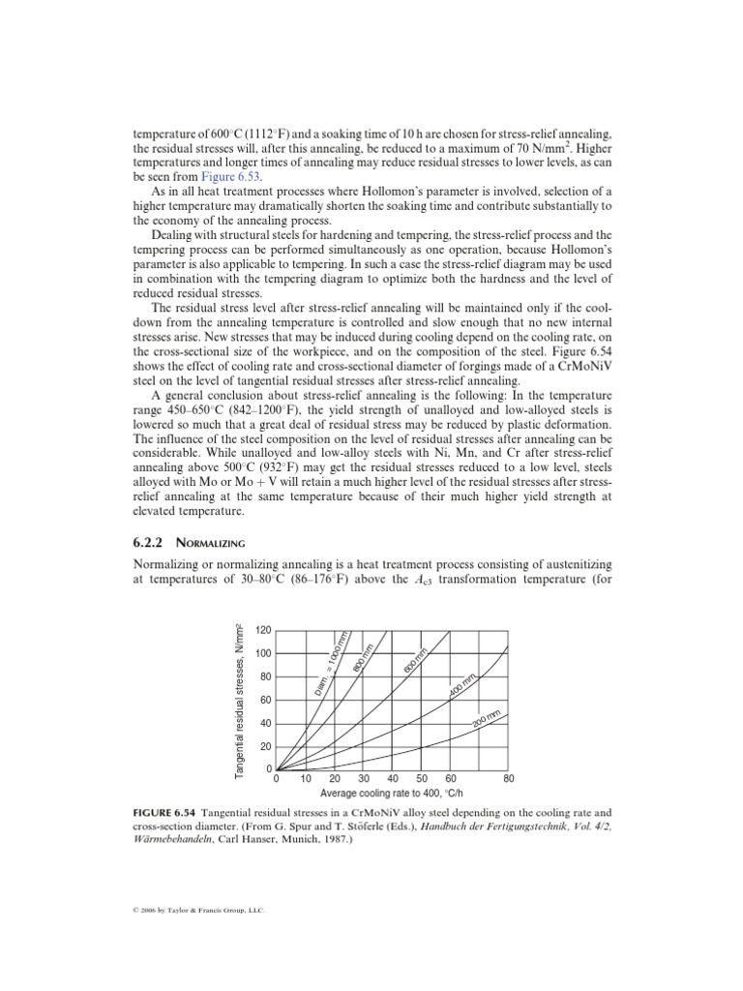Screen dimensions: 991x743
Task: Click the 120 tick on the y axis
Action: pos(263,630)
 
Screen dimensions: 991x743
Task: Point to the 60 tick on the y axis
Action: pos(266,700)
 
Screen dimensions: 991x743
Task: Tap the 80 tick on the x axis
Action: pos(509,778)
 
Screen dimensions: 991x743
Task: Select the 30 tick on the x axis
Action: pos(364,778)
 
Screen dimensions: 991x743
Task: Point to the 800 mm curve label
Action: pos(364,653)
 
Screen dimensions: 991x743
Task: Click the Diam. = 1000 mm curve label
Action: pos(332,664)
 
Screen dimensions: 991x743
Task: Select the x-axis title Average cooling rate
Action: pos(393,792)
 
